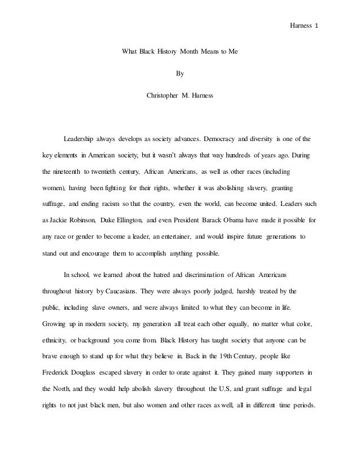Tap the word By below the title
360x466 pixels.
180,73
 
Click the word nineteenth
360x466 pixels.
68,170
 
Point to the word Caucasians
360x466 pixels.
124,292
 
